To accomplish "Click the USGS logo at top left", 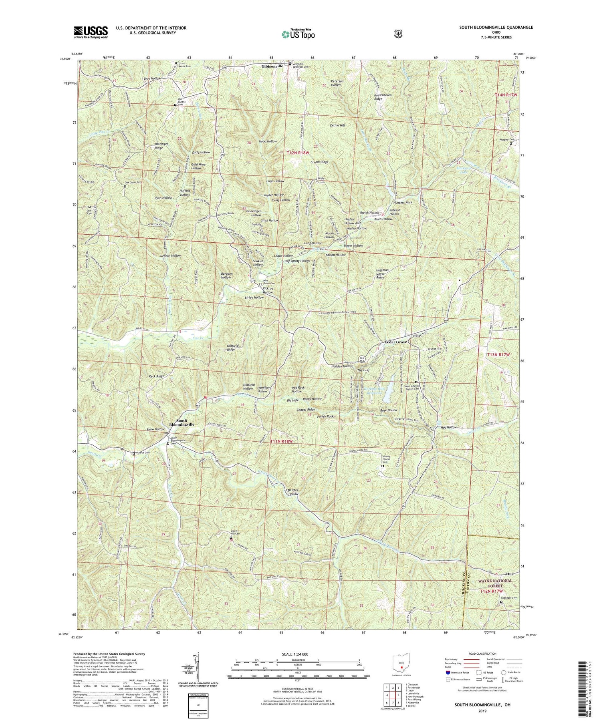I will (91, 32).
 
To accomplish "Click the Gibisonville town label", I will (272, 65).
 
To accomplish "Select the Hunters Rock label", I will (403, 203).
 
